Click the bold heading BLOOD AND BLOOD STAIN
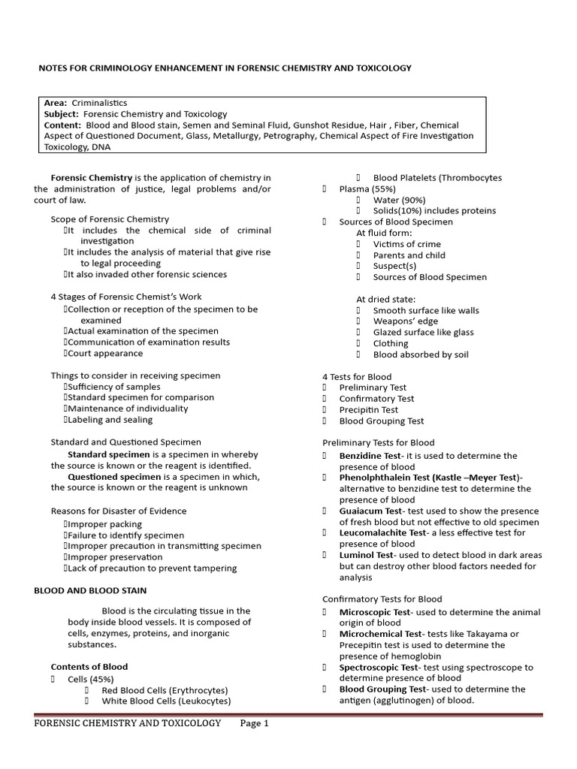[x=90, y=591]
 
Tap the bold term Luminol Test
[x=366, y=555]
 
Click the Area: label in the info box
[x=56, y=103]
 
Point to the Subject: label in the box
[x=61, y=114]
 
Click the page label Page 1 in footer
[x=254, y=723]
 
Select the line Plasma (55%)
[x=367, y=189]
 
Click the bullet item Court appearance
[x=104, y=353]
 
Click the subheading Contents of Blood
[x=89, y=667]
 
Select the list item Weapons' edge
[x=406, y=321]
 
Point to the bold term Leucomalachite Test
[x=382, y=532]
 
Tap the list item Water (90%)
[x=399, y=201]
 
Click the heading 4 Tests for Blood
[x=356, y=377]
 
